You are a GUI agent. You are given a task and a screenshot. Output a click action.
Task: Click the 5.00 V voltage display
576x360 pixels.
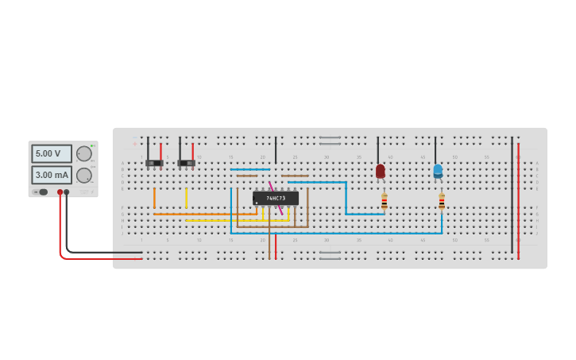[52, 153]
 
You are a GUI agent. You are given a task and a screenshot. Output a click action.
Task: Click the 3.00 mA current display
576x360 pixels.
[52, 175]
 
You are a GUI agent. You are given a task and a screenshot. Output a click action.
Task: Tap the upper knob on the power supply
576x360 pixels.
[83, 153]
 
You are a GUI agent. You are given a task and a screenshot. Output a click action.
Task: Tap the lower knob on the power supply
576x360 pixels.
[83, 176]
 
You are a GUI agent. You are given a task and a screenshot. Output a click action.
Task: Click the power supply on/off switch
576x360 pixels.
[41, 192]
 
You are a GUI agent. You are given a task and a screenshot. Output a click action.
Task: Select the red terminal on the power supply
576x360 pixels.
[60, 192]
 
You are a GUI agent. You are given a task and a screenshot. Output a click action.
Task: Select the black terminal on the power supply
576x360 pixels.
[67, 192]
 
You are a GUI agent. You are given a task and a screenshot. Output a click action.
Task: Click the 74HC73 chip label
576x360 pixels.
[276, 198]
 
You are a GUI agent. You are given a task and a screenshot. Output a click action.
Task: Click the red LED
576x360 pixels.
[381, 171]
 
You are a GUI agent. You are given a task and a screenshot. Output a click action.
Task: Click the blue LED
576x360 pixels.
[438, 171]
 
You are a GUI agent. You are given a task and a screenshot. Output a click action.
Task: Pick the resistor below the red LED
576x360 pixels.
[385, 202]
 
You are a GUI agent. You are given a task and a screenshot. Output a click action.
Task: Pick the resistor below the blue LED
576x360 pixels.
[442, 202]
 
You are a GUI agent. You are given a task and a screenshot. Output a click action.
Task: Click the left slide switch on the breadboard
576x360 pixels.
[154, 164]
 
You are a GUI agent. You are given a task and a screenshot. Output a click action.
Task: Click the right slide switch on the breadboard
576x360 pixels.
[187, 164]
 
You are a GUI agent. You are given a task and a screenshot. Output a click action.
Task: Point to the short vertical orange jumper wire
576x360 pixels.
[154, 197]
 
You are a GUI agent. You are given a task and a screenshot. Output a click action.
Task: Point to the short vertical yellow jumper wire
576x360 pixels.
[186, 197]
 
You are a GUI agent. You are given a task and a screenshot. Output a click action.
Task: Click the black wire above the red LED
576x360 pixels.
[378, 149]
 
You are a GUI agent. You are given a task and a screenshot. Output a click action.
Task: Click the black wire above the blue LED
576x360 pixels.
[435, 149]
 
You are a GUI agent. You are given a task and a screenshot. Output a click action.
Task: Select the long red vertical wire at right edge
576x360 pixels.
[518, 199]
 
